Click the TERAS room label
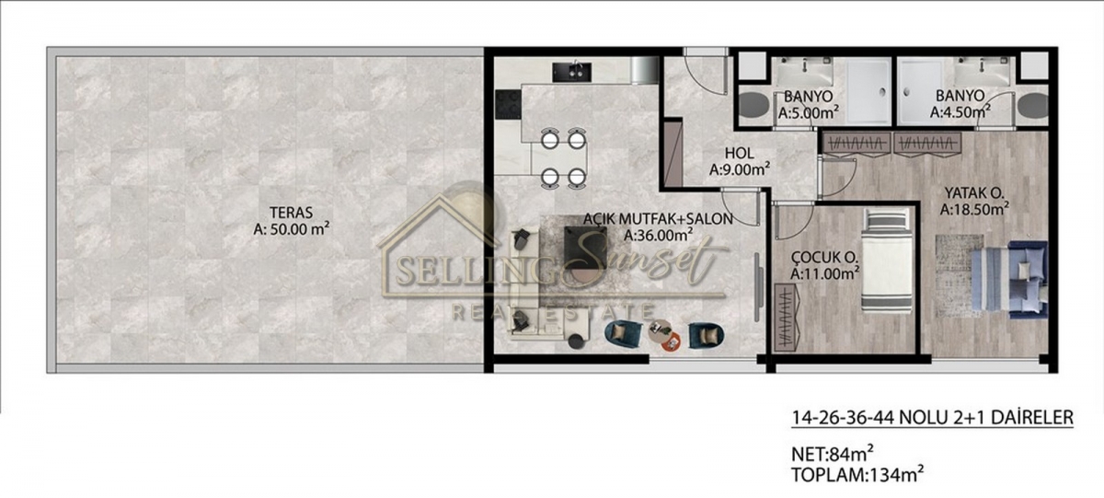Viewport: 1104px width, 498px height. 291,213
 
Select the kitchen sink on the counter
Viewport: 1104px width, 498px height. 571,72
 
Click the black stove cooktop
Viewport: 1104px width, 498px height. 508,104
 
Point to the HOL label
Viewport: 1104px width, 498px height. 740,153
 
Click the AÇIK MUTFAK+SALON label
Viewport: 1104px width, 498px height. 658,218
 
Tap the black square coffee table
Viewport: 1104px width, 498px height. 585,248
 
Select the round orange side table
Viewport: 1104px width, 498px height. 672,342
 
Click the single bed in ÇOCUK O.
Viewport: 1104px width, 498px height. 887,261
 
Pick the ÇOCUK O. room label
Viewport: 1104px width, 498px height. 824,257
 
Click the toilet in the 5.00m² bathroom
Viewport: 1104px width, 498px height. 754,105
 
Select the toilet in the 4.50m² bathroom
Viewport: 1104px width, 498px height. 1033,105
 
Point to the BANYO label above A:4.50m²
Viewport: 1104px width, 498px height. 960,96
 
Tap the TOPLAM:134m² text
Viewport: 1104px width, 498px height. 857,474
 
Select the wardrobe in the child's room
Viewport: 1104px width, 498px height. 788,317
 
